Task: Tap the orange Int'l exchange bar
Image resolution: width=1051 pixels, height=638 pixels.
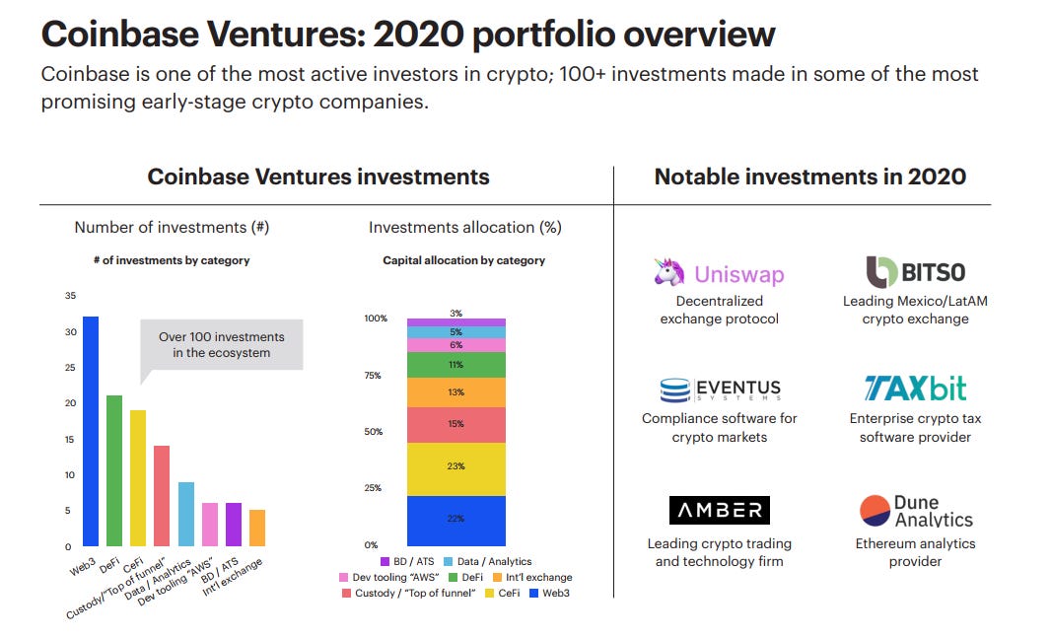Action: [x=257, y=528]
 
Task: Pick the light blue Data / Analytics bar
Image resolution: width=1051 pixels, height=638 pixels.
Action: [x=186, y=514]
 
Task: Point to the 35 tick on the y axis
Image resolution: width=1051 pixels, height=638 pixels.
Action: [x=69, y=296]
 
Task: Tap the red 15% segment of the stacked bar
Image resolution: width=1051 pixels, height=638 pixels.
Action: [x=455, y=425]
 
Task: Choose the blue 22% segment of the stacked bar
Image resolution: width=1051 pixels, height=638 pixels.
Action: [x=455, y=520]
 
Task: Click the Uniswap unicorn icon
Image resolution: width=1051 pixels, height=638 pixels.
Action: [x=669, y=272]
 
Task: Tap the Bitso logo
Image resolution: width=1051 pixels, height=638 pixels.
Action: [x=916, y=271]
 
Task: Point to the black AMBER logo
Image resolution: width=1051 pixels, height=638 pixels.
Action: [x=720, y=510]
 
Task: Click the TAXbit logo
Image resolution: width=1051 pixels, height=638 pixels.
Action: [x=916, y=388]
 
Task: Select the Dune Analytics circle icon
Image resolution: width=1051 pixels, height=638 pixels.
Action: [x=875, y=511]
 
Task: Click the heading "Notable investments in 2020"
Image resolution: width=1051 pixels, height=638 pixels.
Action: [x=809, y=177]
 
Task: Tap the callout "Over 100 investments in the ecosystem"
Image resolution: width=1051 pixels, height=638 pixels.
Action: [x=221, y=344]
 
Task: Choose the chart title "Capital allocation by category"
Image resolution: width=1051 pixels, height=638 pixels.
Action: [x=463, y=260]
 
